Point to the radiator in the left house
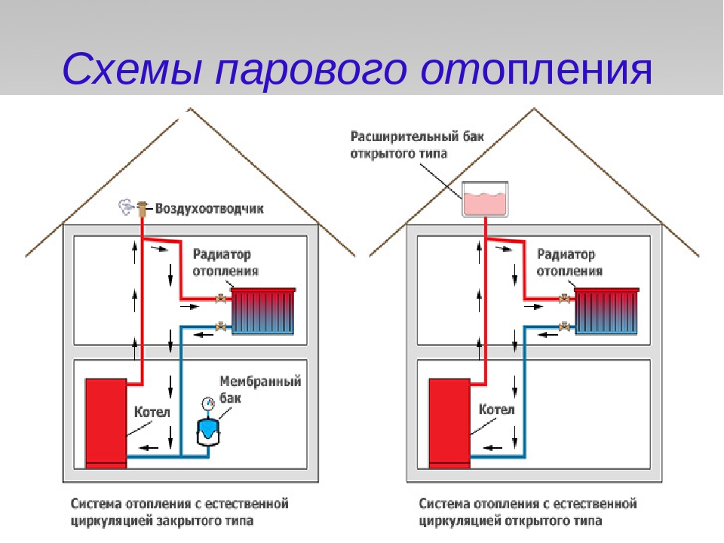point(263,311)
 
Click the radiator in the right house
point(607,311)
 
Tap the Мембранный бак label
point(260,388)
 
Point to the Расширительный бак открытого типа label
point(416,146)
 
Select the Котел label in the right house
point(496,410)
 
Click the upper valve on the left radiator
point(221,299)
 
